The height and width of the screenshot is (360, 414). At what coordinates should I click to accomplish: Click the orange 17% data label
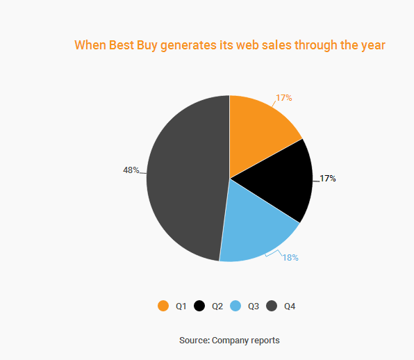pyautogui.click(x=284, y=98)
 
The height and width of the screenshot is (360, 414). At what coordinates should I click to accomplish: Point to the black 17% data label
pyautogui.click(x=328, y=179)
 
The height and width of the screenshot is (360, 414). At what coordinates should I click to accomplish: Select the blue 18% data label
pyautogui.click(x=290, y=258)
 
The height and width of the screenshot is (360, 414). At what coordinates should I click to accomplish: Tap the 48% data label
pyautogui.click(x=131, y=170)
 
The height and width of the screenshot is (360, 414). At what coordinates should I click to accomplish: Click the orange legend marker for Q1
pyautogui.click(x=163, y=306)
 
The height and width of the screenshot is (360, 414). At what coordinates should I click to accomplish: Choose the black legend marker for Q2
pyautogui.click(x=199, y=306)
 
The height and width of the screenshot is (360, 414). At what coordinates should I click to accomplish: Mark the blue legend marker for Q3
pyautogui.click(x=235, y=306)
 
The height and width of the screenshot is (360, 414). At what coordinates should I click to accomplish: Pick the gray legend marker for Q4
pyautogui.click(x=272, y=306)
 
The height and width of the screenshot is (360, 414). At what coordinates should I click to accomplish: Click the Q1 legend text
pyautogui.click(x=181, y=306)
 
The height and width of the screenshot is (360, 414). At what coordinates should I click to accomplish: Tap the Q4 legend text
pyautogui.click(x=290, y=306)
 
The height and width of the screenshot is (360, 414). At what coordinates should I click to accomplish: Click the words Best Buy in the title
pyautogui.click(x=133, y=45)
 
